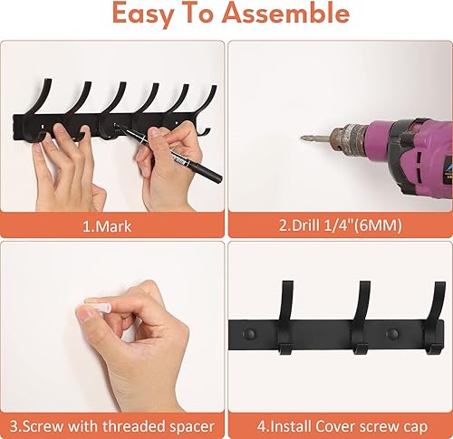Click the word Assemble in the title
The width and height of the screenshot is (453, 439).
(292, 15)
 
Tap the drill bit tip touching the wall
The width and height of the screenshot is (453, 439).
(304, 137)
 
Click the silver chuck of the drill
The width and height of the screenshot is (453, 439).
(348, 139)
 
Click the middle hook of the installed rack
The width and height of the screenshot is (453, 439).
(361, 317)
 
